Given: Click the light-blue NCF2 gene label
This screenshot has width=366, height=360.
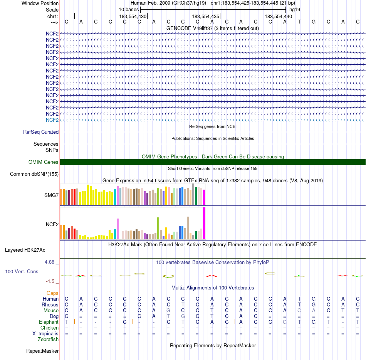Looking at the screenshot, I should (52, 120).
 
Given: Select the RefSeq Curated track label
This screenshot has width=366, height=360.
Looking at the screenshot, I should (41, 132).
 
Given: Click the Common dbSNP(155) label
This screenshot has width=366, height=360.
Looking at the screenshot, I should (34, 174).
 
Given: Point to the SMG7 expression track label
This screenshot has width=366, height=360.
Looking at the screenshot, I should (52, 195).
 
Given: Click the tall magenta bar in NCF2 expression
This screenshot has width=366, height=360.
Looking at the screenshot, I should (204, 224).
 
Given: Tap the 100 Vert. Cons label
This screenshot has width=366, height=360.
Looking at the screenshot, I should (22, 271).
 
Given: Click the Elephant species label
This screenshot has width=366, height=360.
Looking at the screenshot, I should (49, 322).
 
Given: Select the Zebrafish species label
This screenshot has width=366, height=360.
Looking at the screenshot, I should (48, 339).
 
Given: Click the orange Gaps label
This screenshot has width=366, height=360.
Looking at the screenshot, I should (52, 293).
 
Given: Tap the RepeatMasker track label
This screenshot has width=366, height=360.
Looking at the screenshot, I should (42, 351).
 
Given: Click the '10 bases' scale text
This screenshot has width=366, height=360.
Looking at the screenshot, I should (129, 9).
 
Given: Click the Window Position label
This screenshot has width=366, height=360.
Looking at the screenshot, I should (40, 3).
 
